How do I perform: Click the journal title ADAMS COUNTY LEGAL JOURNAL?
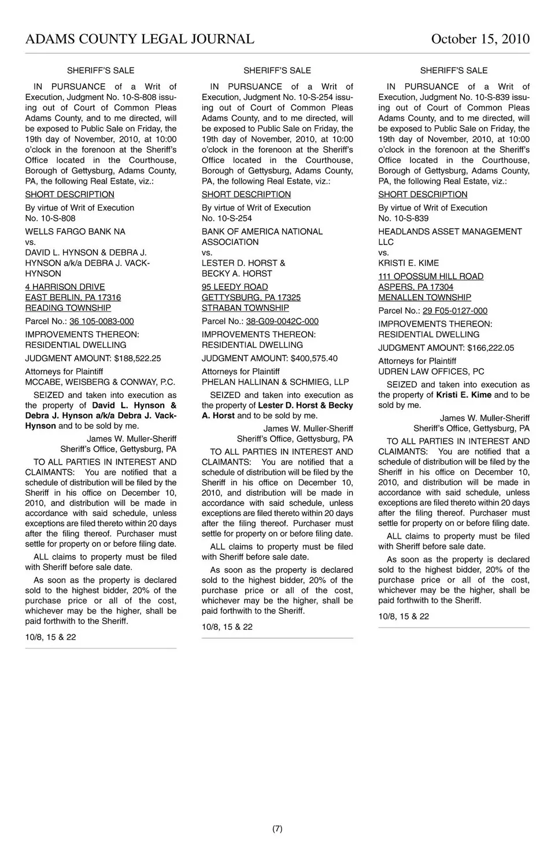point(139,39)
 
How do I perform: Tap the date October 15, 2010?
point(480,39)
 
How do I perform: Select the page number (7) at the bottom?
point(277,829)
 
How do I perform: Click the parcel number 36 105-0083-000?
point(101,321)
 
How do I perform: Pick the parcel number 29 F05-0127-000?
point(454,311)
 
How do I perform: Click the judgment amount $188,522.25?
point(138,358)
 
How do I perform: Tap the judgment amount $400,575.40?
point(314,358)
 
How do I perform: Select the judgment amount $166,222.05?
point(490,348)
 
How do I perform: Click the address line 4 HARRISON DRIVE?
point(65,287)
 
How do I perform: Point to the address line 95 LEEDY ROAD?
point(235,287)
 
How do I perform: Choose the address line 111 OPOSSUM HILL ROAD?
point(431,277)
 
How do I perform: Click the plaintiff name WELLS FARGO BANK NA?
point(75,232)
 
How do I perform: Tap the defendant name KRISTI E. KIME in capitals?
point(408,263)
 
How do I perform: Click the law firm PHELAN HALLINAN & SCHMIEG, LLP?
point(275,382)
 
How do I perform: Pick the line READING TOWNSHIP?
point(68,308)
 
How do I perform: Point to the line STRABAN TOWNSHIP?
point(245,308)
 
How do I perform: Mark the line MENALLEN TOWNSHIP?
point(424,298)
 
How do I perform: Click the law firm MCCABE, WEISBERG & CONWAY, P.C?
point(100,382)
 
